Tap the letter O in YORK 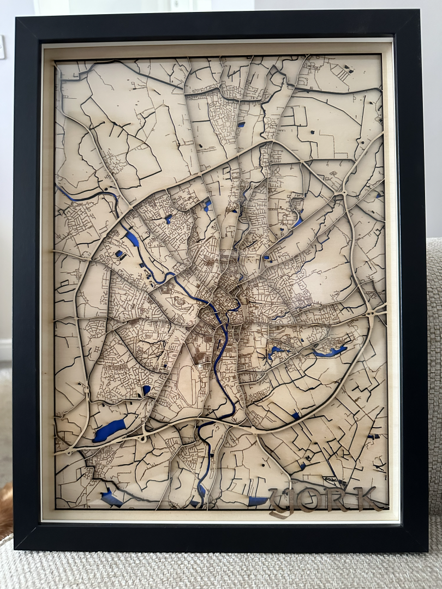click(x=309, y=500)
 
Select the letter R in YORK click(x=337, y=500)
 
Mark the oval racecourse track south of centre click(x=187, y=385)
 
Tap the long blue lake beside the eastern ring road click(x=330, y=352)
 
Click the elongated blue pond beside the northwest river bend click(x=132, y=238)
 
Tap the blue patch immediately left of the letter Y click(x=258, y=501)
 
